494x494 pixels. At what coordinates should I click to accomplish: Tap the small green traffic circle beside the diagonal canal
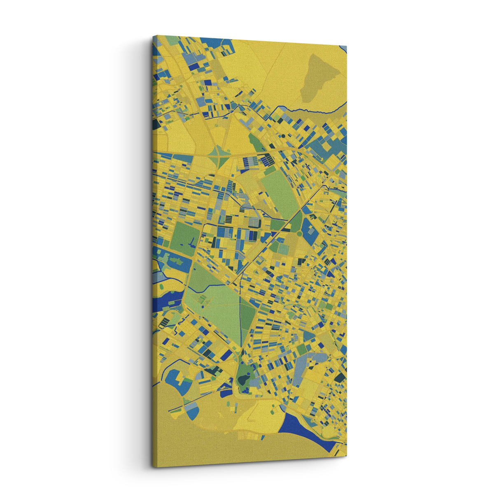coord(299,234)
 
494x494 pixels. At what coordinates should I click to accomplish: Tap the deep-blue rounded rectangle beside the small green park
coord(226,393)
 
